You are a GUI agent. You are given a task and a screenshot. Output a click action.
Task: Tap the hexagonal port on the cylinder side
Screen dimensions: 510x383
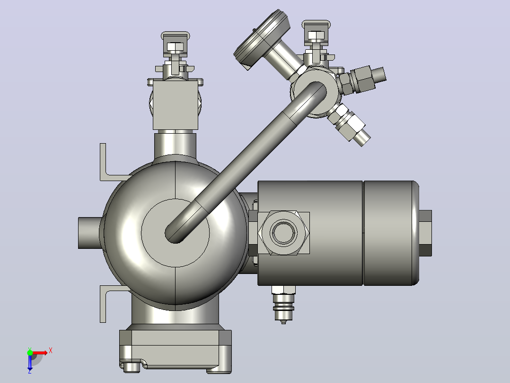coord(283,233)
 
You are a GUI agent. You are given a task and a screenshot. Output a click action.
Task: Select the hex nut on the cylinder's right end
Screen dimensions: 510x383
coord(425,233)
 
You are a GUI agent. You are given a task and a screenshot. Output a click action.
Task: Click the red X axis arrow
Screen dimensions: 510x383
coord(40,353)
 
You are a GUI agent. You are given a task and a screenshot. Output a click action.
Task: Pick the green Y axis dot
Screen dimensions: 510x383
coord(30,353)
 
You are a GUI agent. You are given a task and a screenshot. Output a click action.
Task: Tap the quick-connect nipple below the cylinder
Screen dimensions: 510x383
coord(283,304)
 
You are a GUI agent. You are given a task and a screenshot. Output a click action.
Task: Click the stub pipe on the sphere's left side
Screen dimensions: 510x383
coord(89,233)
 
